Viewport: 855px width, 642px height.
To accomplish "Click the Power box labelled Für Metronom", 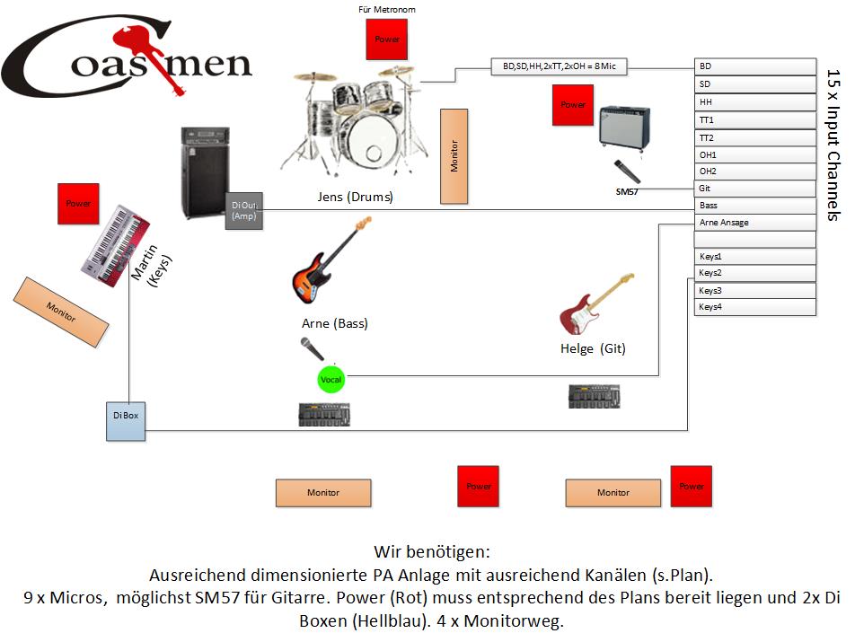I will (x=387, y=40).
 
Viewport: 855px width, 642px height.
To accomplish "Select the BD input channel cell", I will (x=754, y=66).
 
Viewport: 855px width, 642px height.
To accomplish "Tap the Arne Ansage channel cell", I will (x=754, y=223).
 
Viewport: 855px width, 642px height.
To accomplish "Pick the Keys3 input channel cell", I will (x=754, y=291).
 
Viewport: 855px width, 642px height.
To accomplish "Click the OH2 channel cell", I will (x=754, y=171).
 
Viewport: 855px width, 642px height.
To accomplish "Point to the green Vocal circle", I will (x=331, y=380).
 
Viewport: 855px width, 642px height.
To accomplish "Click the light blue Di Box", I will (x=125, y=421).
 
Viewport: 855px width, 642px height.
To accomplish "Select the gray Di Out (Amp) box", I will (x=243, y=211).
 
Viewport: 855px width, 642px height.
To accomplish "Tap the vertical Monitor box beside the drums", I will (x=454, y=156).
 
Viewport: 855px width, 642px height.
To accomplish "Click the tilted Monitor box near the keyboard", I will (x=61, y=312).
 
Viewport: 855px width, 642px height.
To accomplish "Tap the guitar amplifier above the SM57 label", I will (x=625, y=128).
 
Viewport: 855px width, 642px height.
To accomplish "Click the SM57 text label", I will (x=628, y=192).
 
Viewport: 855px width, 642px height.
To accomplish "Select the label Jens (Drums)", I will (x=355, y=196).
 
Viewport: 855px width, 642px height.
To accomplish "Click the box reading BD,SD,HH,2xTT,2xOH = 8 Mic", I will (x=559, y=66).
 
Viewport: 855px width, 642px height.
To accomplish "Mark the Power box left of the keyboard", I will (x=77, y=204).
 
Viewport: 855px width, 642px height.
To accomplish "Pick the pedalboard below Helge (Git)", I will (x=595, y=396).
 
